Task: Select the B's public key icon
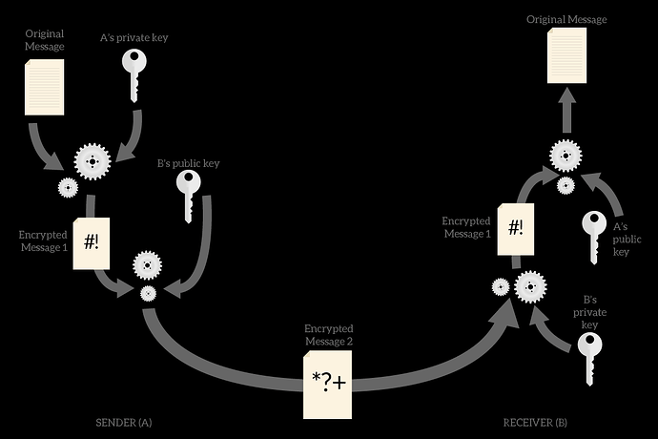(x=189, y=197)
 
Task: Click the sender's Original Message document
(x=45, y=87)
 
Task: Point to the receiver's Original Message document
(x=567, y=55)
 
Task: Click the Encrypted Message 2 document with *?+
(x=328, y=385)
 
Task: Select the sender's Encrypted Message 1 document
(x=92, y=243)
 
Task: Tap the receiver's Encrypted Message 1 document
(x=516, y=229)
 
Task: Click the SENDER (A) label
(x=124, y=423)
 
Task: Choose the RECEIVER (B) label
(x=536, y=423)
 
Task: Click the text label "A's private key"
(x=134, y=38)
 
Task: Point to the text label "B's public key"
(x=189, y=163)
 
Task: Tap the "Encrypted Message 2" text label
(x=329, y=335)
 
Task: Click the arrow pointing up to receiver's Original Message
(x=567, y=110)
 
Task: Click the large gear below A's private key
(x=93, y=161)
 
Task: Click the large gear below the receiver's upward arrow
(x=566, y=156)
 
